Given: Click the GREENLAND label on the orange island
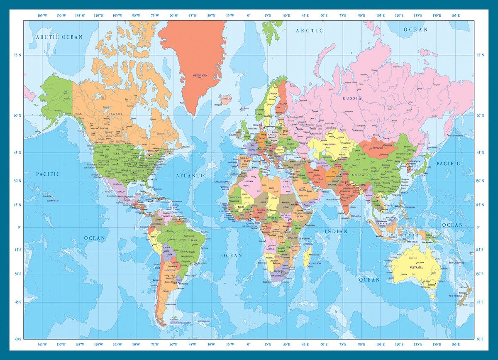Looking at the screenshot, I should coord(200,76).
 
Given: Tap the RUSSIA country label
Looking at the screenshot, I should coord(352,98).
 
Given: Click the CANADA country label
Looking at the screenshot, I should coord(115,114).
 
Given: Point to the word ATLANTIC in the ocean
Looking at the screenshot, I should coord(191,176).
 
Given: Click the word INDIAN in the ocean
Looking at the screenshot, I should coord(336,231).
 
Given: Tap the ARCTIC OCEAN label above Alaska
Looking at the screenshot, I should coord(59,37).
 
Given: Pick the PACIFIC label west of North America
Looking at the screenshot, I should coord(48,174).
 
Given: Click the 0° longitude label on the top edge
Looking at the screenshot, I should coord(248,15).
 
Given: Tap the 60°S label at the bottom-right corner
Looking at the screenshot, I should coord(480,339).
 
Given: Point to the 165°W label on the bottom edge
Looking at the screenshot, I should coord(42,344).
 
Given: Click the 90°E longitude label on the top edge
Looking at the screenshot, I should coord(361,15).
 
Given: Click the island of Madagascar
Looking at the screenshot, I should coord(307,255).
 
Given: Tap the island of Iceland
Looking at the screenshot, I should coord(226,99).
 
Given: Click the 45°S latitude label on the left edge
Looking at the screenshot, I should coord(18,302).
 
